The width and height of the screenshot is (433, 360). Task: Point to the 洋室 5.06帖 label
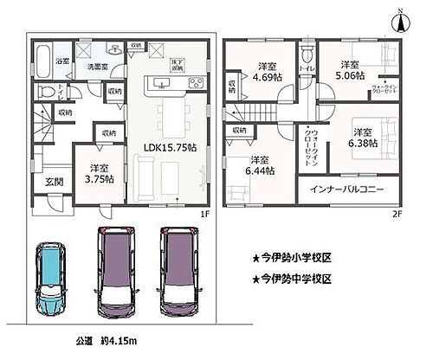349,70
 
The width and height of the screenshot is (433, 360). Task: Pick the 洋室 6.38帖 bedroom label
362,138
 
